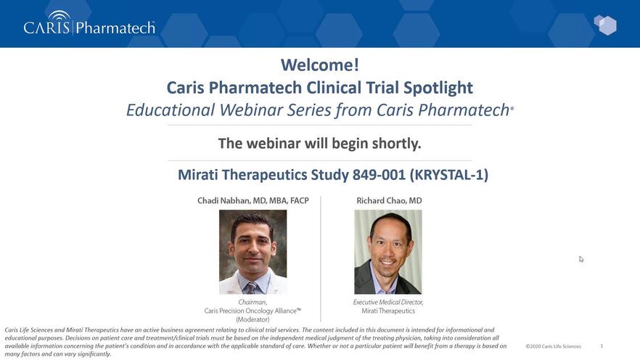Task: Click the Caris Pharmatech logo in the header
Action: coord(89,23)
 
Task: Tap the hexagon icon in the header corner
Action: coord(605,25)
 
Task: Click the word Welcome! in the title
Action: coord(319,65)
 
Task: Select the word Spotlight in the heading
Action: coord(438,88)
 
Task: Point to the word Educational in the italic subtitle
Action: coord(171,110)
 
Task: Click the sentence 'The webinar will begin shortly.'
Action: coord(319,143)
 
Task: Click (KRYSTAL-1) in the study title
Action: coord(449,175)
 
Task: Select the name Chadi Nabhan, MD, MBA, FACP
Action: coord(253,200)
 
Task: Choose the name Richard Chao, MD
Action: coord(389,200)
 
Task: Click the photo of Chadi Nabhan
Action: coord(253,252)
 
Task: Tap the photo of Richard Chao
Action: coord(387,252)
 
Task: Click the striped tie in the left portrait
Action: coord(250,287)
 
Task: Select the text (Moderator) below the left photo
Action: coord(253,319)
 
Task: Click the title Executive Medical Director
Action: coord(387,302)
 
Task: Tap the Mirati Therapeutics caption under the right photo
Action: coord(387,311)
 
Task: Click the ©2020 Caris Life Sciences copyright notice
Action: coord(553,346)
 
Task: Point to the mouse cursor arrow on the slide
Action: coord(581,259)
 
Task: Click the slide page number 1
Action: coord(602,346)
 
